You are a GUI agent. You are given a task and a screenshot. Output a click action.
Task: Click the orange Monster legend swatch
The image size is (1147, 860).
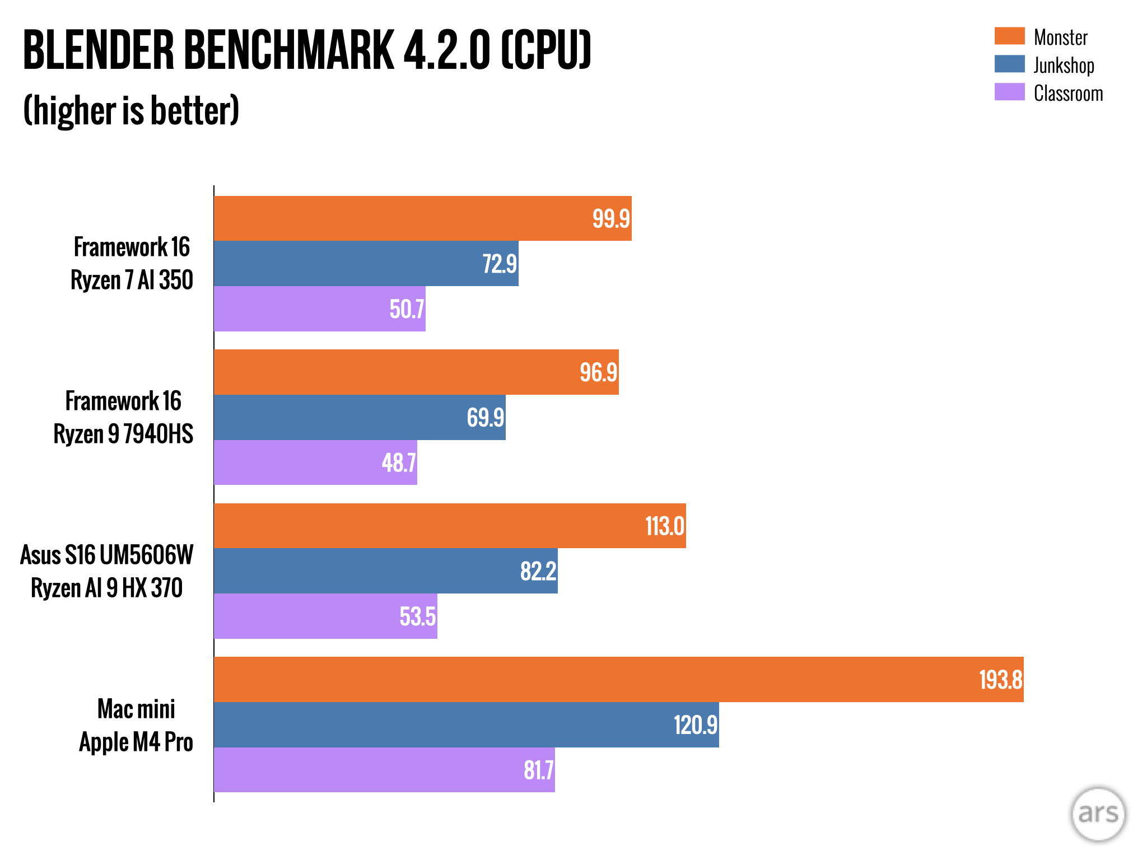pyautogui.click(x=1009, y=36)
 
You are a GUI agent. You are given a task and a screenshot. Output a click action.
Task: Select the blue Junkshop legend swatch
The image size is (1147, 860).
pyautogui.click(x=1009, y=64)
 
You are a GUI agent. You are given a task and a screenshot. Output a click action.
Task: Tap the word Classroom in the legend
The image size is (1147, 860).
pyautogui.click(x=1068, y=94)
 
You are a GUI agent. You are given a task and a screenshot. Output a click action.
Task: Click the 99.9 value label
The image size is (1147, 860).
pyautogui.click(x=611, y=218)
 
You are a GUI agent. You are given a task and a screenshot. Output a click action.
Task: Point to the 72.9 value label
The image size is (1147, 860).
pyautogui.click(x=500, y=264)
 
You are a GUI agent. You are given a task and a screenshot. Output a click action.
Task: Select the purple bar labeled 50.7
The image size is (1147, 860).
pyautogui.click(x=319, y=309)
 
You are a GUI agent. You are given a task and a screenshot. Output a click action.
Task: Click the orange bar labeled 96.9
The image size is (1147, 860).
pyautogui.click(x=416, y=372)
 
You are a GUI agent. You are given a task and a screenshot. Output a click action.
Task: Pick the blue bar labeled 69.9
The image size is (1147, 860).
pyautogui.click(x=359, y=418)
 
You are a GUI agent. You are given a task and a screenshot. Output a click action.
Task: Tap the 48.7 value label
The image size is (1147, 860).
pyautogui.click(x=399, y=463)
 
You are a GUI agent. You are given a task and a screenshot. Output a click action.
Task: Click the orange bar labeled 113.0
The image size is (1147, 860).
pyautogui.click(x=449, y=526)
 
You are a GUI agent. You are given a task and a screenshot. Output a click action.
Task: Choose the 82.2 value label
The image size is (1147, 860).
pyautogui.click(x=538, y=571)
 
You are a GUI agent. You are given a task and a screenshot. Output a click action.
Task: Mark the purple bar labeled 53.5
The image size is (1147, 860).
pyautogui.click(x=325, y=616)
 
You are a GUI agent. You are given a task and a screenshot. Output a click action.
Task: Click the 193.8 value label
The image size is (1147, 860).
pyautogui.click(x=1000, y=680)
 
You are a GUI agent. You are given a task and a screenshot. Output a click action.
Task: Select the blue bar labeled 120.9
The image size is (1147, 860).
pyautogui.click(x=466, y=725)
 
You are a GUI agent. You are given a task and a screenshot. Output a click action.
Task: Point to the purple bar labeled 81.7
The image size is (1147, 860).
pyautogui.click(x=384, y=770)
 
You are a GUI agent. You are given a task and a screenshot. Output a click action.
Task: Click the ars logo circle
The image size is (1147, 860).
pyautogui.click(x=1098, y=814)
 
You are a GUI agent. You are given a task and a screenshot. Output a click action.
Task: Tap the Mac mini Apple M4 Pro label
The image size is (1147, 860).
pyautogui.click(x=136, y=725)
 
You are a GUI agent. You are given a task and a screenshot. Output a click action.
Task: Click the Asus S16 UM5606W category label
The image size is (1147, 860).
pyautogui.click(x=106, y=555)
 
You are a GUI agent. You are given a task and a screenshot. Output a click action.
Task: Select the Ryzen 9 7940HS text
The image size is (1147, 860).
pyautogui.click(x=123, y=434)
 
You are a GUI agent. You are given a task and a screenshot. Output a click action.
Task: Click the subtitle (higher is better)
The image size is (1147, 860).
pyautogui.click(x=131, y=110)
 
